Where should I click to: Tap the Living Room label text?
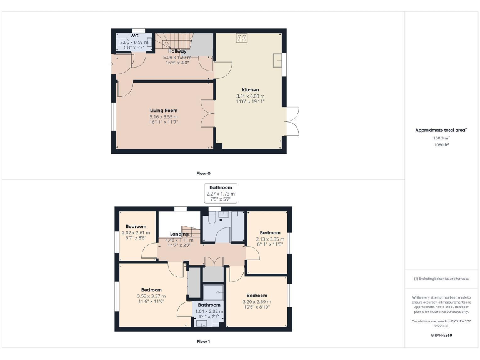[x=163, y=111]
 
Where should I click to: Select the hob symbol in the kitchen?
[x=241, y=39]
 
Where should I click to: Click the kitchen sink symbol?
[x=277, y=60]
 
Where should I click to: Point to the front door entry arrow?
[x=112, y=63]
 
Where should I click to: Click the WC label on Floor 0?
[x=134, y=36]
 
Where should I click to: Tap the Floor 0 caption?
[x=204, y=172]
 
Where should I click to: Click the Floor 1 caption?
[x=204, y=342]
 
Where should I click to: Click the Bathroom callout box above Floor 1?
[x=221, y=191]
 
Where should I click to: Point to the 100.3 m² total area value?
[x=442, y=138]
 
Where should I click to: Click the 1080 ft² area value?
[x=442, y=144]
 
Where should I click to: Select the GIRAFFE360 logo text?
[x=442, y=336]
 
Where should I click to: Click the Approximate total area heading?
[x=442, y=130]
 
